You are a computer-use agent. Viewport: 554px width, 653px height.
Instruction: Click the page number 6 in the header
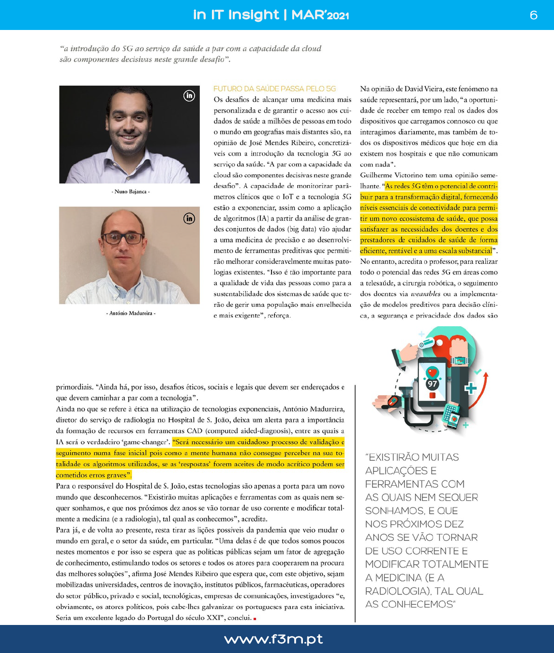(x=533, y=15)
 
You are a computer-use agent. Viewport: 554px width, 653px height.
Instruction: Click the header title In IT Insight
(x=236, y=15)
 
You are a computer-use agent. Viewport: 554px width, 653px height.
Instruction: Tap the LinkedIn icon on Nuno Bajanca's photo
(x=189, y=96)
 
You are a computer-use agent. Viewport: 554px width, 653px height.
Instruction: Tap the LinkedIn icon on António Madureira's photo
(x=189, y=218)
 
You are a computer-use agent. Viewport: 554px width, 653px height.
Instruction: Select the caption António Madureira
(x=131, y=313)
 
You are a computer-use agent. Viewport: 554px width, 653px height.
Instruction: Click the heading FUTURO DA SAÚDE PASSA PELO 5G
(x=274, y=89)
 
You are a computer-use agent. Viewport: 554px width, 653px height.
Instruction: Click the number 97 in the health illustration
(x=432, y=384)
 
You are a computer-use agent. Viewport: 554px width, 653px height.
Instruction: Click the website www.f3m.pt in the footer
(x=273, y=639)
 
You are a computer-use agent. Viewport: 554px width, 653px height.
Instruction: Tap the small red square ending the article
(x=255, y=618)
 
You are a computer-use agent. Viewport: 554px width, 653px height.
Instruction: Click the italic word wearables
(x=425, y=294)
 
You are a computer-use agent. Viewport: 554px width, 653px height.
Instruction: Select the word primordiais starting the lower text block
(x=74, y=387)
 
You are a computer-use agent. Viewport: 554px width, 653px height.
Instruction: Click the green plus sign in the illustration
(x=470, y=388)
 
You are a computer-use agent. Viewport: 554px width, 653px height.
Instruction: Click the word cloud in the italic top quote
(x=312, y=48)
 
